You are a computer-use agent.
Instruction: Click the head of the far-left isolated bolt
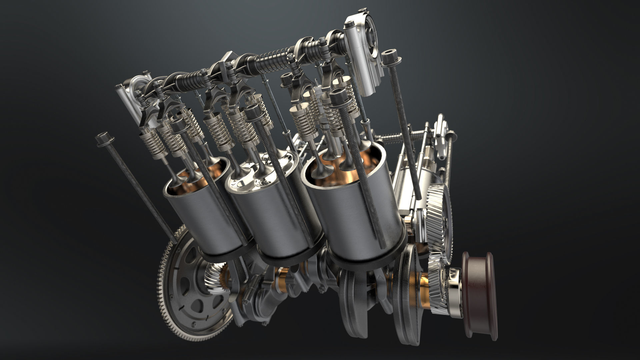104,139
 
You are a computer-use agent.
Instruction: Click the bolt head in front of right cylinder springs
338,96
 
